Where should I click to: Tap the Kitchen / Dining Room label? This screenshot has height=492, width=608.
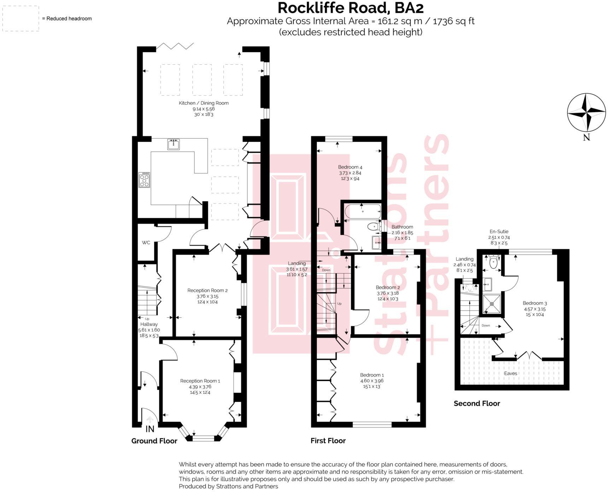tap(204, 103)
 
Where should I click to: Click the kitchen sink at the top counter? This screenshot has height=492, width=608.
tap(173, 144)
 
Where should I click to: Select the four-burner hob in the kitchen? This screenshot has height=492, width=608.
tap(144, 180)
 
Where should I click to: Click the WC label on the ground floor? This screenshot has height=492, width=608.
tap(146, 242)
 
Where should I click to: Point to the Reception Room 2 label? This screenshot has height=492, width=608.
tap(207, 291)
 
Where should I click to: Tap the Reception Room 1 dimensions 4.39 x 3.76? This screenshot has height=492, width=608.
tap(200, 387)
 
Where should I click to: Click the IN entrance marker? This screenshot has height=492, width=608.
tap(150, 429)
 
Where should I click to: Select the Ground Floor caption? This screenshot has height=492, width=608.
tap(154, 441)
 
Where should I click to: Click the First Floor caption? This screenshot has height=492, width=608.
tap(328, 441)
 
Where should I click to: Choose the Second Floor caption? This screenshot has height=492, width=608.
tap(477, 403)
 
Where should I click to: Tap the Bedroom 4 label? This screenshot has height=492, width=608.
tap(350, 167)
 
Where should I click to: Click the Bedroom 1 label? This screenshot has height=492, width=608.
tap(372, 375)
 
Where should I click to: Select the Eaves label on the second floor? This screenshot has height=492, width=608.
tap(510, 373)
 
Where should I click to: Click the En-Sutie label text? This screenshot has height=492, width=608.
tap(499, 232)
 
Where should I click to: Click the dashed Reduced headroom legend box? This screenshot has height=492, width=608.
tap(21, 18)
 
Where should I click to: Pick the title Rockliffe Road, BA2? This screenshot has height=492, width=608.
tap(350, 8)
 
